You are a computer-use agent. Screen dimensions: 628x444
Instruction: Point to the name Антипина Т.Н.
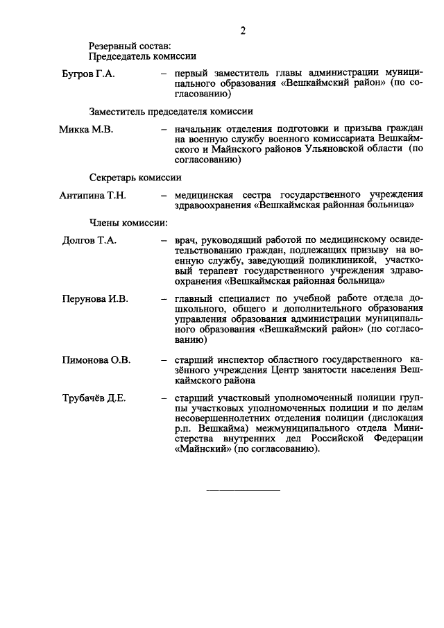click(x=92, y=196)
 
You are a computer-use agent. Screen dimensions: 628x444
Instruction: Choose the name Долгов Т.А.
click(x=89, y=241)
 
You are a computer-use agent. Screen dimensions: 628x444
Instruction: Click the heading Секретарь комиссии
click(x=135, y=178)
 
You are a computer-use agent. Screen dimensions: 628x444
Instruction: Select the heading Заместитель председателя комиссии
click(x=170, y=111)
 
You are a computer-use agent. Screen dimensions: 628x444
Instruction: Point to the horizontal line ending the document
click(x=244, y=491)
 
